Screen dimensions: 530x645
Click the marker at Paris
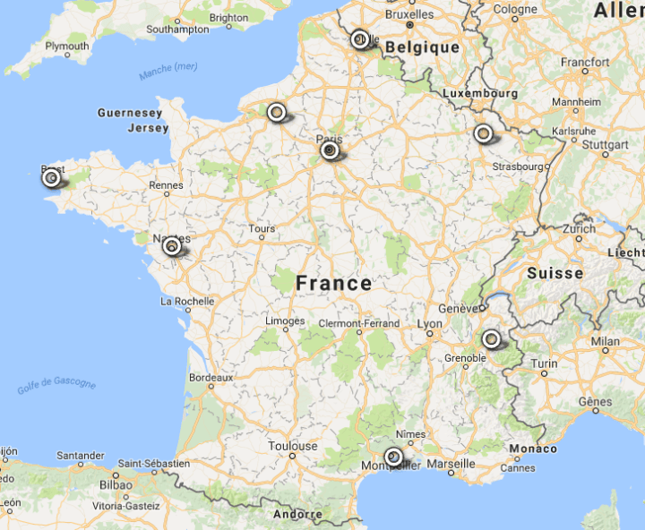(x=330, y=151)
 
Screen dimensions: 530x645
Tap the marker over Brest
(x=51, y=177)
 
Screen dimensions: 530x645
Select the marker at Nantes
(x=170, y=246)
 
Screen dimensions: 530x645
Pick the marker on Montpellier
(x=392, y=457)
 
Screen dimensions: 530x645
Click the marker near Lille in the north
(x=359, y=39)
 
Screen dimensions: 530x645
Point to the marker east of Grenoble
(x=490, y=339)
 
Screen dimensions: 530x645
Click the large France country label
(x=333, y=284)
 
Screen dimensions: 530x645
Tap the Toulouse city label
(x=292, y=446)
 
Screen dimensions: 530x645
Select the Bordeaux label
(x=211, y=378)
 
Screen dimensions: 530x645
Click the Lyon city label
(x=430, y=323)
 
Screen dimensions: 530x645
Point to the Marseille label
(x=451, y=464)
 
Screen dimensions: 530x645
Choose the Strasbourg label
(x=520, y=166)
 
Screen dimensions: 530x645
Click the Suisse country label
(x=555, y=273)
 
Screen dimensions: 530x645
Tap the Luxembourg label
(x=480, y=93)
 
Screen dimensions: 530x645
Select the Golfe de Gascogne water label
(x=56, y=386)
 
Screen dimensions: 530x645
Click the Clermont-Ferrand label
(x=358, y=322)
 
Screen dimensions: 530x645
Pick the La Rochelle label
(x=187, y=302)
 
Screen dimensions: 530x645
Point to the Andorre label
(x=297, y=514)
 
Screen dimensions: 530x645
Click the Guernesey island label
(x=130, y=114)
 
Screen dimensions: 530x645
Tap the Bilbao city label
(x=116, y=484)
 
